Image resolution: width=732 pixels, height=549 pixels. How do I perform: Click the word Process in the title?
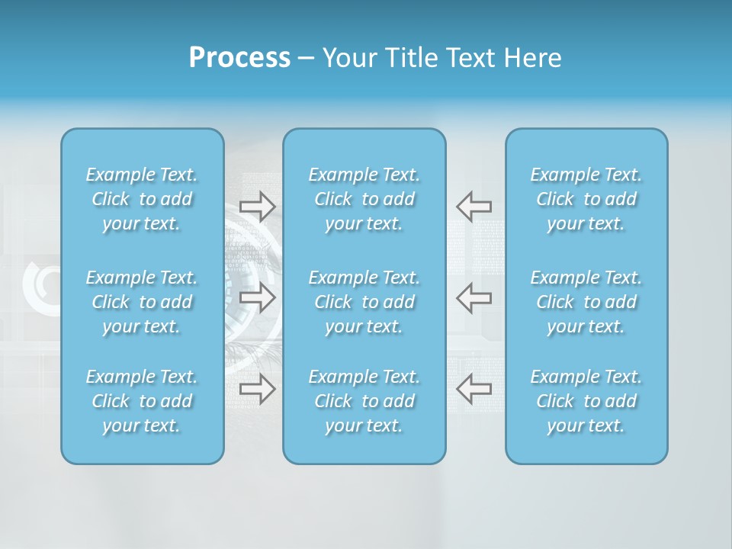point(239,58)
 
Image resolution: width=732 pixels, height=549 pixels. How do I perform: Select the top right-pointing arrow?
point(257,206)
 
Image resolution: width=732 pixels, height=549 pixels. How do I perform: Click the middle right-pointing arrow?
point(257,297)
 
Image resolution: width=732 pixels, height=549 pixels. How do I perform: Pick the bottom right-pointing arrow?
point(257,389)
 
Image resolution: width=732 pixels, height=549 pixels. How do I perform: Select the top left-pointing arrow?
point(474,206)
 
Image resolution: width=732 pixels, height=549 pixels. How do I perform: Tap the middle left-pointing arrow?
point(474,297)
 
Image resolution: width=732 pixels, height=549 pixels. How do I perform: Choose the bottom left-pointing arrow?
point(474,389)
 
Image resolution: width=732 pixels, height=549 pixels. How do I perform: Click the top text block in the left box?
point(142,199)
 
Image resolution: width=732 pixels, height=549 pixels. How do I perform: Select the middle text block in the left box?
point(142,302)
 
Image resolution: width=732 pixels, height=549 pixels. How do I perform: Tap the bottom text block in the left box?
point(142,401)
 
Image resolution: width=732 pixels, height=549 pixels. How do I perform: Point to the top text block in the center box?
point(364,199)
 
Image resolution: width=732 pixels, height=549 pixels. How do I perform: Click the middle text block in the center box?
point(364,302)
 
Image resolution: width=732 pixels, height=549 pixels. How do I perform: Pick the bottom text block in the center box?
point(364,401)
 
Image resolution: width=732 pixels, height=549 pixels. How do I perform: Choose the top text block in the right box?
point(586,199)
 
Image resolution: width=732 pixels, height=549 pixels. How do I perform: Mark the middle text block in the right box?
point(586,302)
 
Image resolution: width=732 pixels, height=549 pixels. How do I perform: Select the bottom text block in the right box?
point(586,401)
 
